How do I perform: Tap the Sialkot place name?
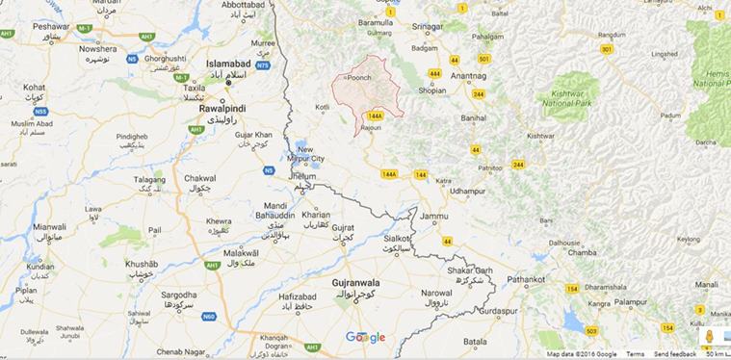(397, 237)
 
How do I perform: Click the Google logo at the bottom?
(365, 337)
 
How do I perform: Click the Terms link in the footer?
(635, 354)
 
